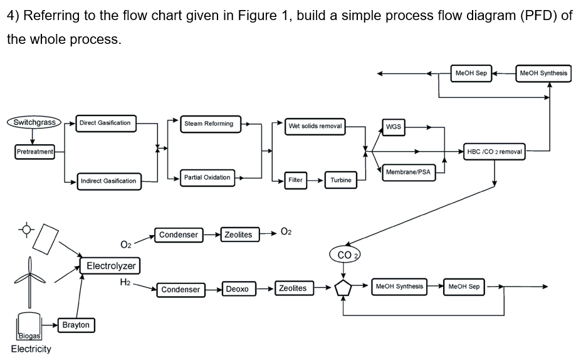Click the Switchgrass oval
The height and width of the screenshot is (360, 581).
34,122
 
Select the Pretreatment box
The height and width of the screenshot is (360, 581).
35,151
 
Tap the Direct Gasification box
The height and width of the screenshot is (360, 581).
105,123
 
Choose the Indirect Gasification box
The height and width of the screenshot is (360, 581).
108,181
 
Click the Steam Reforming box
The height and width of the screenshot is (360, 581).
209,124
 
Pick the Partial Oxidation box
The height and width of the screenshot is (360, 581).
207,177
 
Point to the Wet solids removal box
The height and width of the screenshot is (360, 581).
315,126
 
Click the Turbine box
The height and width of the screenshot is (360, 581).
341,180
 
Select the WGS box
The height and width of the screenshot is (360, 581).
394,127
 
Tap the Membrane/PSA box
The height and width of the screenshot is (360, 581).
408,172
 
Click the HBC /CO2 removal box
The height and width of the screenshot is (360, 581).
495,151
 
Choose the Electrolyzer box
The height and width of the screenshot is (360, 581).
111,266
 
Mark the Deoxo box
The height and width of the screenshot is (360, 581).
237,289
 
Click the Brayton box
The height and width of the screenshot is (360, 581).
76,325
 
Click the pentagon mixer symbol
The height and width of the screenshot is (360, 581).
343,288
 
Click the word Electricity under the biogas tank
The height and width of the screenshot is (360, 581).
31,349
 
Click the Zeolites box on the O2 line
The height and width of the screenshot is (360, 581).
238,235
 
